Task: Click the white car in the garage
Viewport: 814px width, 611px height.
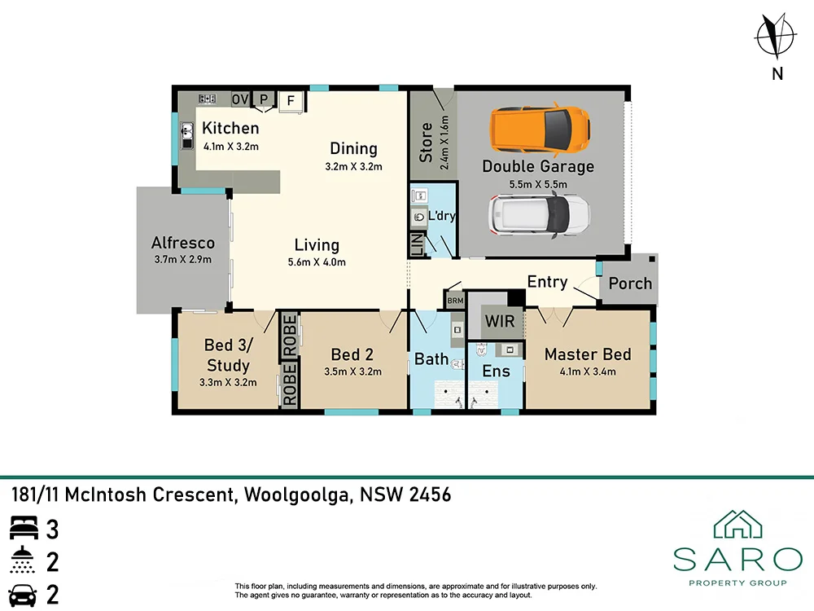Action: tap(539, 213)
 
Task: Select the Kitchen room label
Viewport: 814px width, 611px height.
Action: tap(230, 128)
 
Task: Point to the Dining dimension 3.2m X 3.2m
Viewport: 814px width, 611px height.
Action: tap(353, 166)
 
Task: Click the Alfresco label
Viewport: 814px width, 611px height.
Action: tap(183, 243)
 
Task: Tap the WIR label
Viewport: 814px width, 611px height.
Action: tap(499, 321)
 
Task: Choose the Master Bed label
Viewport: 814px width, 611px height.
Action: tap(588, 354)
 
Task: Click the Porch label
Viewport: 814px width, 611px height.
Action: tap(630, 284)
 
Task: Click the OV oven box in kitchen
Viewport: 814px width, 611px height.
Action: tap(239, 99)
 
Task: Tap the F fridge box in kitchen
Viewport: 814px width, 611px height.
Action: tap(291, 101)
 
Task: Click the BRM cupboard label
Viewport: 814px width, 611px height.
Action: tap(454, 301)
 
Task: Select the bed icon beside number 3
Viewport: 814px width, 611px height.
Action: tap(24, 530)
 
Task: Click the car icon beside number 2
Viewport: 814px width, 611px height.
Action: tap(24, 594)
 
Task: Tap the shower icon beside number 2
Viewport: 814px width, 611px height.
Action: tap(24, 561)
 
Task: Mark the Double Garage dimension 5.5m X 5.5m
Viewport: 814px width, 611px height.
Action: tap(538, 184)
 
